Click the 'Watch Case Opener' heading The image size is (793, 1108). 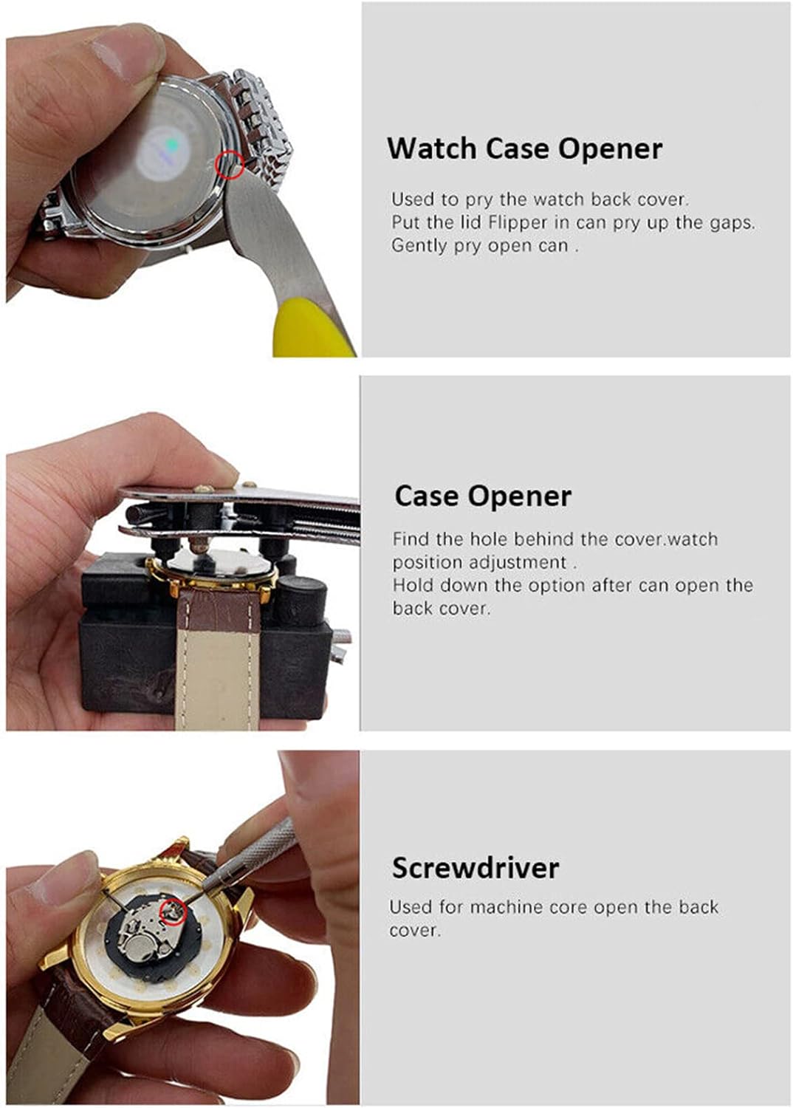[x=524, y=148]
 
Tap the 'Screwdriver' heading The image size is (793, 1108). [x=475, y=868]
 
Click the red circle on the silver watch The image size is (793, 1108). [x=229, y=164]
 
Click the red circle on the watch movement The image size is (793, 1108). [x=172, y=912]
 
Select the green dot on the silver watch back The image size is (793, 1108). [x=172, y=145]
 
